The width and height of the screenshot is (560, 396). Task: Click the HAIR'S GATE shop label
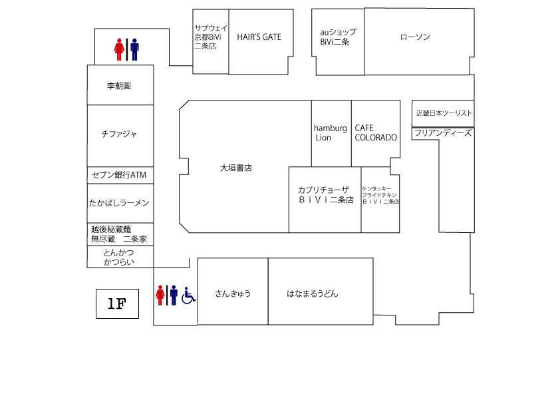pyautogui.click(x=259, y=37)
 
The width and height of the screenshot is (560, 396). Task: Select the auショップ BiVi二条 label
pyautogui.click(x=339, y=37)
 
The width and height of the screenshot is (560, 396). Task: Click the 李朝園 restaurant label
pyautogui.click(x=119, y=86)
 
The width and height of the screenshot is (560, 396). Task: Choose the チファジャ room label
pyautogui.click(x=119, y=134)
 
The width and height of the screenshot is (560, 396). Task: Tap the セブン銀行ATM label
pyautogui.click(x=119, y=175)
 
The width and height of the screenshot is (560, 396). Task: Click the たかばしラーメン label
pyautogui.click(x=119, y=202)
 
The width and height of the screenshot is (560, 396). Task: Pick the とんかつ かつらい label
pyautogui.click(x=119, y=257)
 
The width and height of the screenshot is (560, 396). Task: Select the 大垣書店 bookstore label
pyautogui.click(x=236, y=168)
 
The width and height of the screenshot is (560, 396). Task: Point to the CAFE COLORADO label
pyautogui.click(x=376, y=132)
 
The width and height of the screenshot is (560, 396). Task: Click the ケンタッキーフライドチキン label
pyautogui.click(x=380, y=195)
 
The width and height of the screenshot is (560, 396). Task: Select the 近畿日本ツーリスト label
pyautogui.click(x=444, y=113)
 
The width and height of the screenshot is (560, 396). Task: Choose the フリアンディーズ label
pyautogui.click(x=443, y=133)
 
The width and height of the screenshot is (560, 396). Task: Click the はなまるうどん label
pyautogui.click(x=313, y=294)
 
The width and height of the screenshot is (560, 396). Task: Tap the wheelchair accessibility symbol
pyautogui.click(x=188, y=295)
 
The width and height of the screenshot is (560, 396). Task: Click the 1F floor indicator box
pyautogui.click(x=117, y=304)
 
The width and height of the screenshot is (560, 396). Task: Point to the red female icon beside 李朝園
pyautogui.click(x=120, y=49)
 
